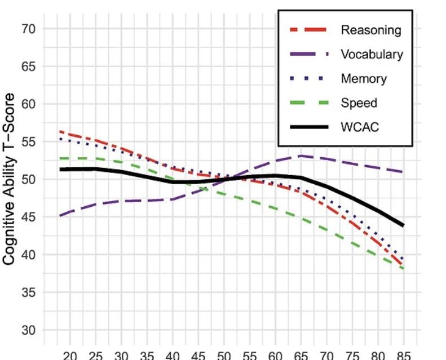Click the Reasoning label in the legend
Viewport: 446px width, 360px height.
coord(370,30)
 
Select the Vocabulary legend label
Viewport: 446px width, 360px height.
coord(372,55)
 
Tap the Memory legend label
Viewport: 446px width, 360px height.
coord(364,79)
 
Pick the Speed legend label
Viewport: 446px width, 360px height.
coord(359,103)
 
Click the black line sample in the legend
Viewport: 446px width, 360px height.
coord(308,127)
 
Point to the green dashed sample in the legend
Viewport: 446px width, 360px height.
coord(308,103)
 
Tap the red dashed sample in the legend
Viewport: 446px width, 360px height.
coord(308,30)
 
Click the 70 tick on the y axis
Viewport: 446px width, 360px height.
coord(28,29)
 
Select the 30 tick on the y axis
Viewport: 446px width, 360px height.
coord(28,330)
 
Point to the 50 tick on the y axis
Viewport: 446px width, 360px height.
coord(28,180)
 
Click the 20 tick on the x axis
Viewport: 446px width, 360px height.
coord(70,355)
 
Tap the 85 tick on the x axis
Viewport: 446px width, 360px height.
coord(403,355)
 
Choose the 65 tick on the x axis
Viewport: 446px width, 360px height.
coord(301,355)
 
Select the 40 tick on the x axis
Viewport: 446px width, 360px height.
coord(173,355)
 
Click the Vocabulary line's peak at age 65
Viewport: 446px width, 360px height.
coord(301,155)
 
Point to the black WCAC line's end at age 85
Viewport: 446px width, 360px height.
coord(403,225)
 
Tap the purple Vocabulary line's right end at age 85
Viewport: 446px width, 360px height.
coord(403,172)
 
